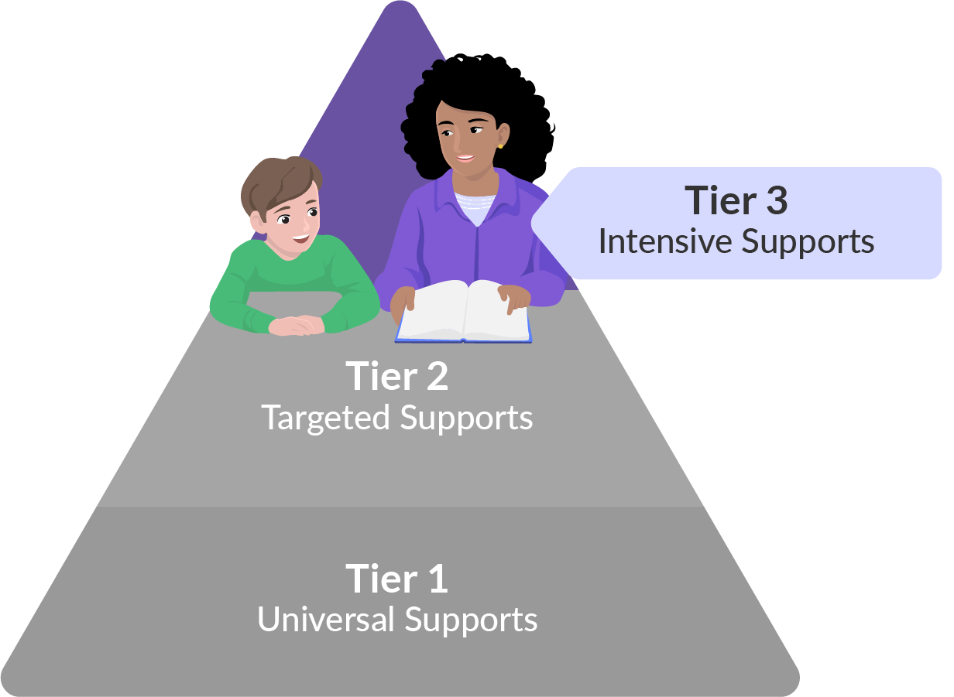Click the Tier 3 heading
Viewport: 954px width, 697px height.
click(x=736, y=201)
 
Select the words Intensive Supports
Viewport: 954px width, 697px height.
click(x=736, y=241)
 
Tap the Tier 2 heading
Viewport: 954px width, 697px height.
click(x=397, y=377)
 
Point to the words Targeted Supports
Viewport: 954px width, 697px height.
click(x=397, y=419)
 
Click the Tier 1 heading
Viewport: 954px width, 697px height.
click(x=397, y=579)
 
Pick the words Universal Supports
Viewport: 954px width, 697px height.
click(x=397, y=620)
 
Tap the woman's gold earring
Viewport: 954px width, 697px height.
click(x=501, y=145)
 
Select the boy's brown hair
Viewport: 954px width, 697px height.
click(x=275, y=182)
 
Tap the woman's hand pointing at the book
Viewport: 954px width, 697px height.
click(x=512, y=297)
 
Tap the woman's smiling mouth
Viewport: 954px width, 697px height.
click(x=465, y=159)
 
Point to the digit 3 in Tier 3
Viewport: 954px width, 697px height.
click(x=774, y=201)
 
